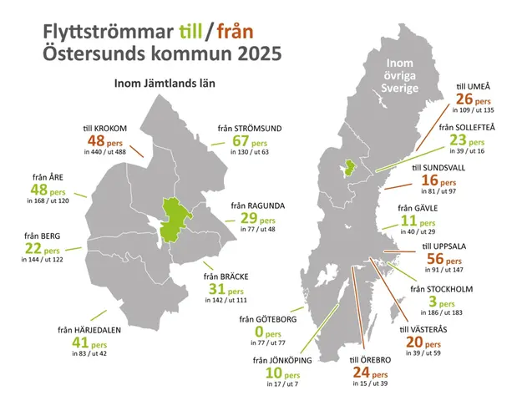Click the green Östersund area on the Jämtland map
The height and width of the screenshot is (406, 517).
coord(176,219)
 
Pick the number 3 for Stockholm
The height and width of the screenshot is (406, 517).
coord(432,303)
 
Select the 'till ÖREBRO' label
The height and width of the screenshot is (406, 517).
coord(370,360)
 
